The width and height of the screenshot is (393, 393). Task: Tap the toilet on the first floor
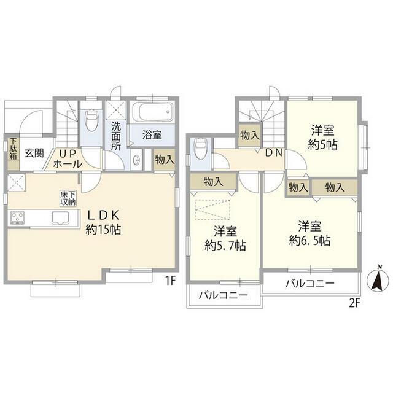[91, 120]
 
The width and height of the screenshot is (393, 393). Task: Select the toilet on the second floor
[200, 149]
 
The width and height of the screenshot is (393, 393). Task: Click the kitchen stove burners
[17, 218]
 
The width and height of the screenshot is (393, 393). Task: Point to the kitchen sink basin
[60, 217]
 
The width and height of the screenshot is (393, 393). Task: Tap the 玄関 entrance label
[34, 153]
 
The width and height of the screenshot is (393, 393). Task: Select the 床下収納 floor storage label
[68, 198]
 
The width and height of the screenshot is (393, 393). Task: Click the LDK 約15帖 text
[103, 222]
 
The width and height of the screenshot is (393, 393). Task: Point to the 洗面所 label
[116, 136]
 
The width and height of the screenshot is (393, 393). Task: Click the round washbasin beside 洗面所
[137, 160]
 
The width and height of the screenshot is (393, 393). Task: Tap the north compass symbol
[376, 279]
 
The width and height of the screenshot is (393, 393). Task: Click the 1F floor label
[169, 281]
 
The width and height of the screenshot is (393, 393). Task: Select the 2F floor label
[354, 303]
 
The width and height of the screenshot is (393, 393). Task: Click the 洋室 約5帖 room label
[322, 138]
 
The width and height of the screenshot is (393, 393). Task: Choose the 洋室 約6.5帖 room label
[309, 233]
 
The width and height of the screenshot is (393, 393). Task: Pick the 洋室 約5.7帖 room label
[225, 238]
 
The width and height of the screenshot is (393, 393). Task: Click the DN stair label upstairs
[274, 153]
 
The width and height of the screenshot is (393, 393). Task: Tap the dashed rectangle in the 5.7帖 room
[212, 210]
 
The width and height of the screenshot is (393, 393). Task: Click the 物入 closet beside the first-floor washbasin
[165, 160]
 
